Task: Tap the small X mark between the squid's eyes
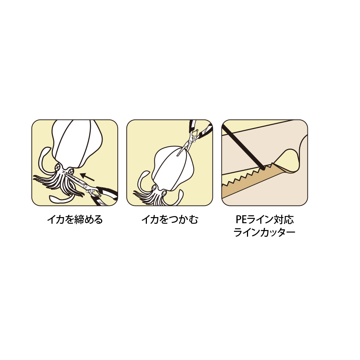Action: (64, 172)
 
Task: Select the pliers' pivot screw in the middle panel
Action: (189, 142)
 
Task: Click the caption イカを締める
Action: (75, 220)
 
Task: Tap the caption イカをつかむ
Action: (170, 220)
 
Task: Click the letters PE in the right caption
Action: (241, 220)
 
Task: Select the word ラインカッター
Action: (264, 232)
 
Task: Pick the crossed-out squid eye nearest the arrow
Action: (71, 171)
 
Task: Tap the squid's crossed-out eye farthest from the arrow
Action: (58, 167)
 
